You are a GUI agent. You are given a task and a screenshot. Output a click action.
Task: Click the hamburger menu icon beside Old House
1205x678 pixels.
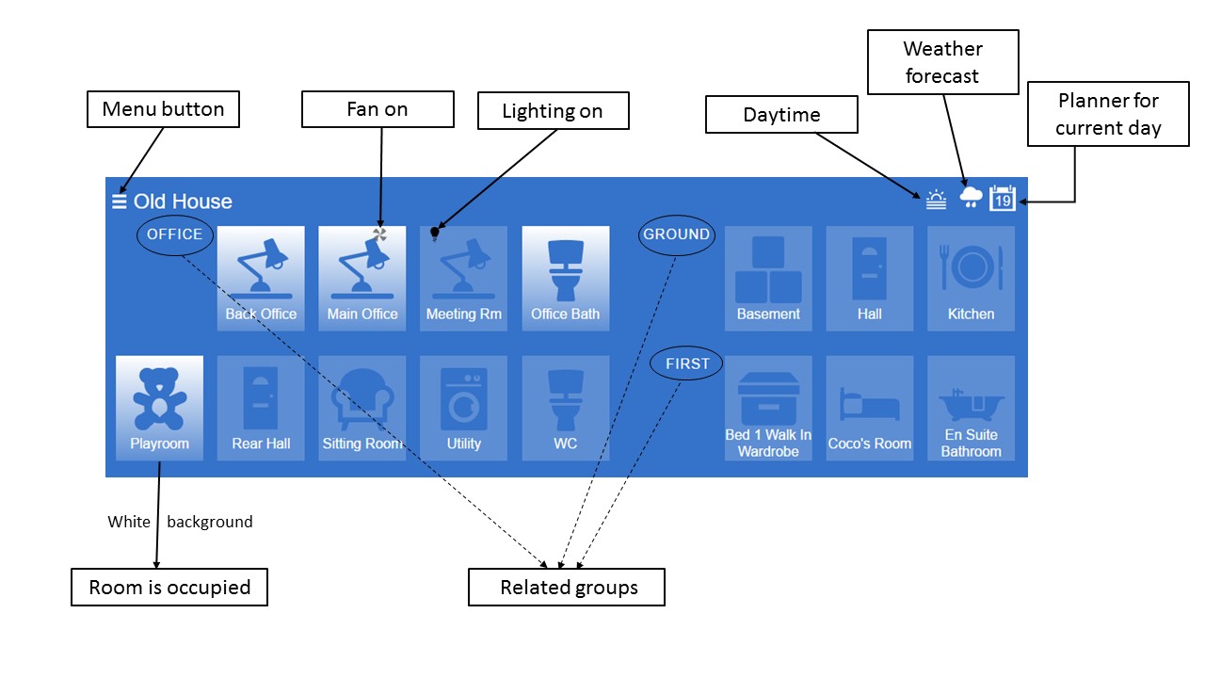119,202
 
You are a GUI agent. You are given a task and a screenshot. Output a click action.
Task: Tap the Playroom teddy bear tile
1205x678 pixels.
159,408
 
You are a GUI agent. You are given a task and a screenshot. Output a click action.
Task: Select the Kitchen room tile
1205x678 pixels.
971,278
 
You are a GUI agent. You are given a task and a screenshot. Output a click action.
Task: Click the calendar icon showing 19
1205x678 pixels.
1003,199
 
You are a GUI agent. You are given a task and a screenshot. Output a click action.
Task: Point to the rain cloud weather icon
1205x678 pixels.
971,197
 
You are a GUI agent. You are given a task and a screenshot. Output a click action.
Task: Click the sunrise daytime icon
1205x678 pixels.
935,200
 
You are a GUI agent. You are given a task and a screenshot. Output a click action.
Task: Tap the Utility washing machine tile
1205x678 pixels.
463,408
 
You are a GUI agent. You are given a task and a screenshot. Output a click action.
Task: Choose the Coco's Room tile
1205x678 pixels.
869,408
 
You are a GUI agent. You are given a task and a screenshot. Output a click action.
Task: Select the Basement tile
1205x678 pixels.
768,278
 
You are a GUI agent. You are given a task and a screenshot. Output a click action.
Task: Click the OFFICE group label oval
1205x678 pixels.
175,234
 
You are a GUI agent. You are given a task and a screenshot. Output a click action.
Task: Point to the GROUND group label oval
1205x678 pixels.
677,234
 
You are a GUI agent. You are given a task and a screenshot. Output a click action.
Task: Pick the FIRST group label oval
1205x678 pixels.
687,363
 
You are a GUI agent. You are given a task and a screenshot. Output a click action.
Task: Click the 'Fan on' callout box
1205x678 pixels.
378,109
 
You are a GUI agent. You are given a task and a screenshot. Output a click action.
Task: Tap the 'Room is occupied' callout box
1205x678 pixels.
169,587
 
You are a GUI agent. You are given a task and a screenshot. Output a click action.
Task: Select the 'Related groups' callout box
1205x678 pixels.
567,587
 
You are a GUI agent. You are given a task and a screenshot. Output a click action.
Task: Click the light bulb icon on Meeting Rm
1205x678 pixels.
435,233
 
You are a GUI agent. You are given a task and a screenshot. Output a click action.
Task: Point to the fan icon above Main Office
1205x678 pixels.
379,234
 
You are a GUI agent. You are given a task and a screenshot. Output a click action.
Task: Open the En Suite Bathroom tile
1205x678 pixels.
971,408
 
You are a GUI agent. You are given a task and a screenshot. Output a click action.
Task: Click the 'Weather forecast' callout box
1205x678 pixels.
942,62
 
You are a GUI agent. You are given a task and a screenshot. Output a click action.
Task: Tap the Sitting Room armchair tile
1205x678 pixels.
362,408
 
